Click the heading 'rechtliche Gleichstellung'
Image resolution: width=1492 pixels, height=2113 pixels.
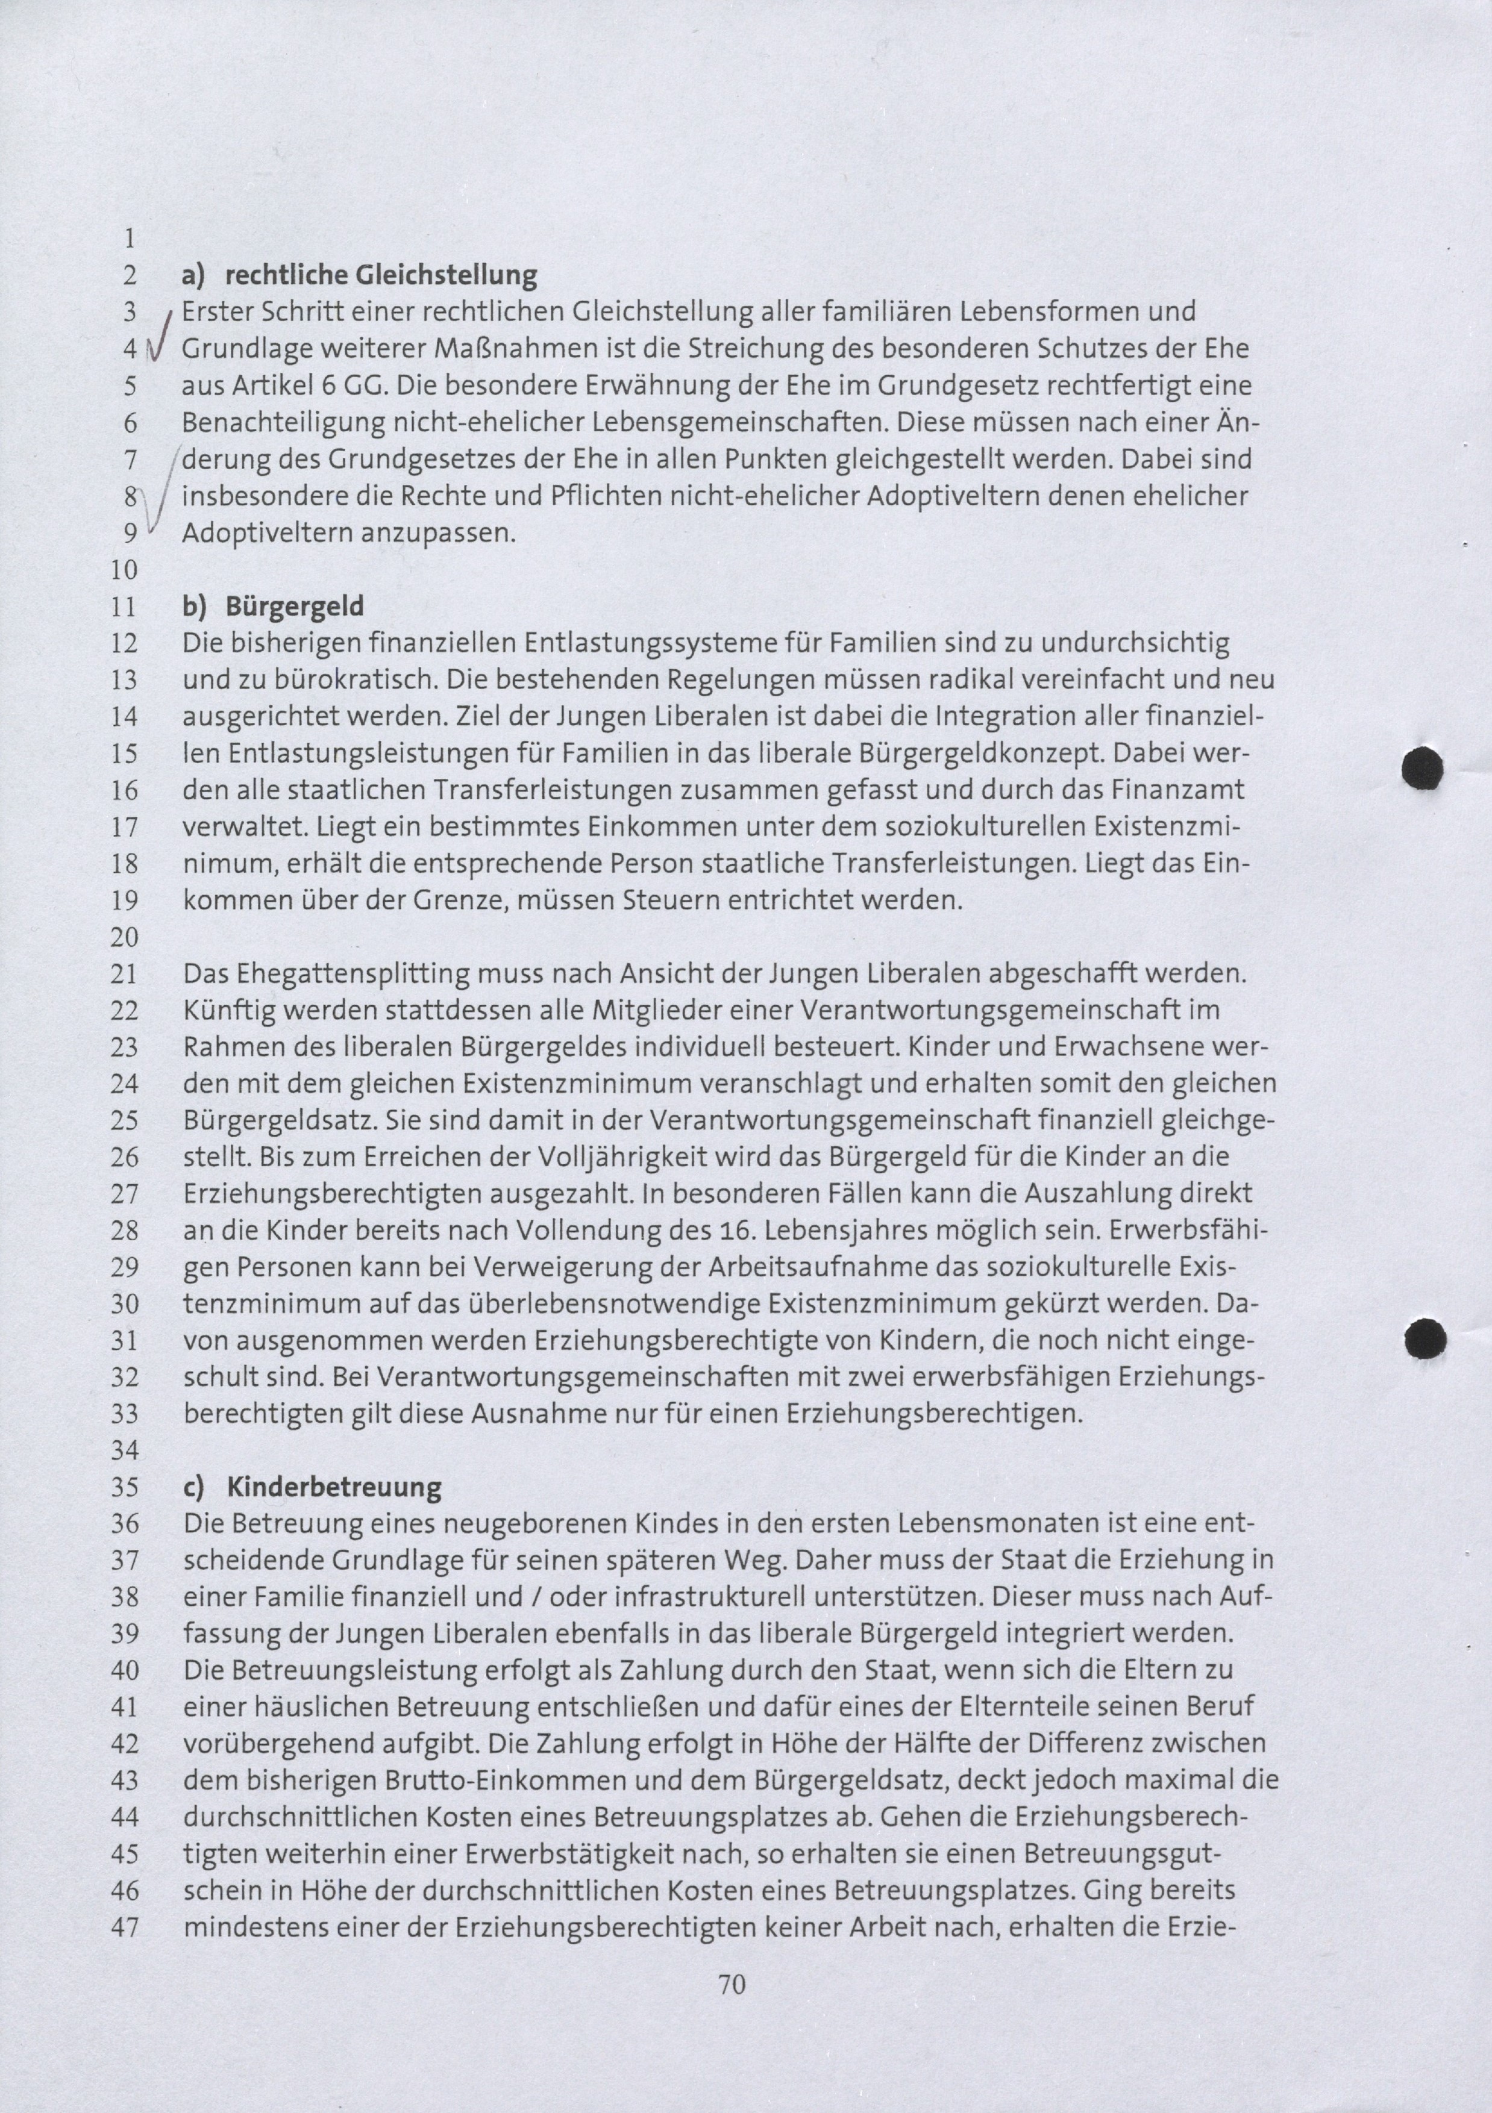tap(380, 275)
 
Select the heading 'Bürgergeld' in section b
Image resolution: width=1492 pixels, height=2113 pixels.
tap(295, 607)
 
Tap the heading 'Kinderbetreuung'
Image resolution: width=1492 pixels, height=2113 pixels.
tap(333, 1487)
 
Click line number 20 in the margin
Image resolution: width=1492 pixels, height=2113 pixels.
tap(124, 938)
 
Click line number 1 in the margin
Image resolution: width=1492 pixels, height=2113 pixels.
tap(129, 239)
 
